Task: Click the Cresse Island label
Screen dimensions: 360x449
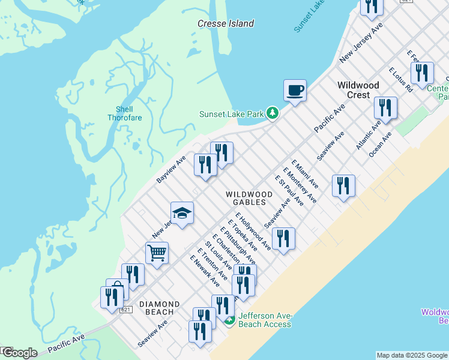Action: click(x=226, y=23)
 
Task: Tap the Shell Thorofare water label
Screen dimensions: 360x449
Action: click(x=124, y=113)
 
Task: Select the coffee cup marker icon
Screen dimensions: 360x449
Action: click(x=295, y=91)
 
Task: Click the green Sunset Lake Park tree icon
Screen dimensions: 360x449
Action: click(x=273, y=113)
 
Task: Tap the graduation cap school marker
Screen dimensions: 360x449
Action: click(x=182, y=212)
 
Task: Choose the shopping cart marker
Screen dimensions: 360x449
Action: click(x=157, y=253)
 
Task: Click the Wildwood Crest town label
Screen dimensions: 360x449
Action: click(x=358, y=90)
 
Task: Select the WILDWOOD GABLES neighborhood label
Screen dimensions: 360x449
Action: click(x=249, y=199)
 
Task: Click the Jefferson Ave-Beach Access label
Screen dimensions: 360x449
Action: click(x=265, y=320)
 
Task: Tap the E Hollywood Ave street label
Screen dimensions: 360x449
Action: click(x=253, y=231)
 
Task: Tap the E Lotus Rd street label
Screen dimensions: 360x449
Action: click(x=400, y=79)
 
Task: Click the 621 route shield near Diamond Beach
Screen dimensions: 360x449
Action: click(x=125, y=310)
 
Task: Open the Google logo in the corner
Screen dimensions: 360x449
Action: click(x=19, y=353)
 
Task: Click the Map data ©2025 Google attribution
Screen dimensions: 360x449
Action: click(x=412, y=355)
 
